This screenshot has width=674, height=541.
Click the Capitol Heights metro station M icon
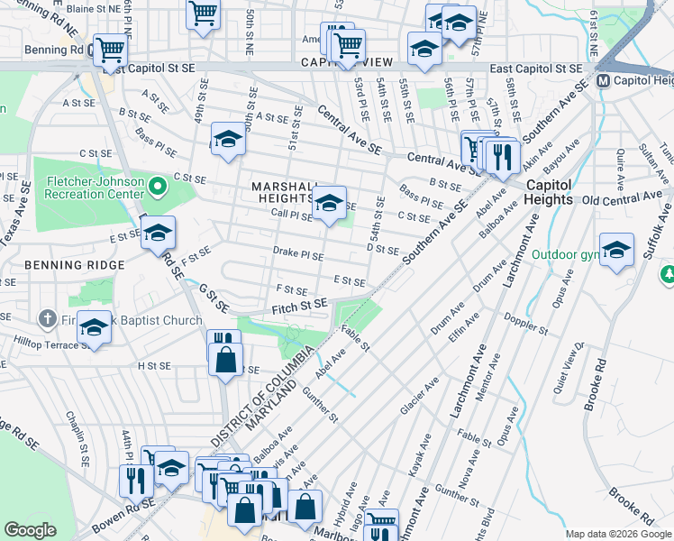(x=604, y=81)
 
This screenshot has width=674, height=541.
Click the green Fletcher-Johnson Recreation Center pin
(x=159, y=187)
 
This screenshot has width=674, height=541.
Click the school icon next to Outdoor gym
(x=616, y=250)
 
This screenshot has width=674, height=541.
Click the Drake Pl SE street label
(x=298, y=254)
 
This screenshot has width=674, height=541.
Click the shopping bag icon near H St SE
(x=223, y=361)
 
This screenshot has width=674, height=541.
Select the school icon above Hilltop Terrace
(x=94, y=328)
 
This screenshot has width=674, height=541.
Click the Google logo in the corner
(x=30, y=530)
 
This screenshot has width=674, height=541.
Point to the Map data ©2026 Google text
(x=617, y=534)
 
